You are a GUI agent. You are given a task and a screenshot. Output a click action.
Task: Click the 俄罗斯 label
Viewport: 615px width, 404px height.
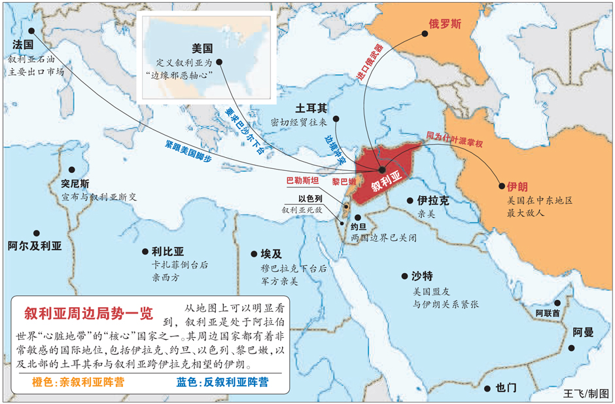coord(446,24)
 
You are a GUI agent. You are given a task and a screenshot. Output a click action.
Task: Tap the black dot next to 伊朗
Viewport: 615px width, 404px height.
coord(502,186)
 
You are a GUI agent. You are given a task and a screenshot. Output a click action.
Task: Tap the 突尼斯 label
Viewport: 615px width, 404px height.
coord(75,184)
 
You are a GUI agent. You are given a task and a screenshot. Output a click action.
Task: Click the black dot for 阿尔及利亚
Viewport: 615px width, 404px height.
coord(38,232)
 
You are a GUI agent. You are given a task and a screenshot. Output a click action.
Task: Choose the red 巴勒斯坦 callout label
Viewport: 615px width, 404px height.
coord(302,180)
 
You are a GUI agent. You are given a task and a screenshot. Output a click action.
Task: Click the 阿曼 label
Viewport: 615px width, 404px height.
coord(584,332)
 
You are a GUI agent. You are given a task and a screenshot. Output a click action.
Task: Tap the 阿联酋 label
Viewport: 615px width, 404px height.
coord(548,314)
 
